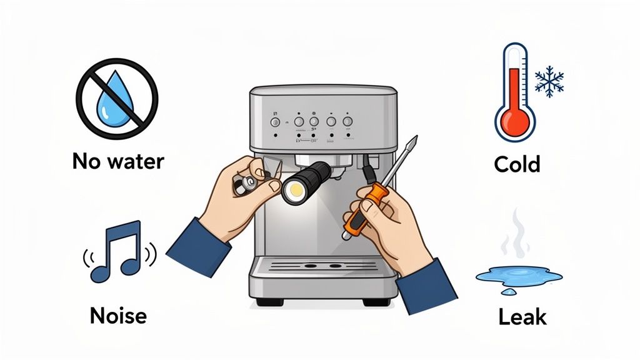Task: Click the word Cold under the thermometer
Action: [x=517, y=164]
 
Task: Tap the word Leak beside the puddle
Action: [x=522, y=317]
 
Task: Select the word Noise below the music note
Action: [x=118, y=315]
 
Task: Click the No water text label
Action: [x=118, y=161]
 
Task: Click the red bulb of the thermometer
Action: [x=514, y=119]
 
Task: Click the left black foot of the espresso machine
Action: [x=267, y=302]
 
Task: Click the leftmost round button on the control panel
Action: [x=273, y=121]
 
